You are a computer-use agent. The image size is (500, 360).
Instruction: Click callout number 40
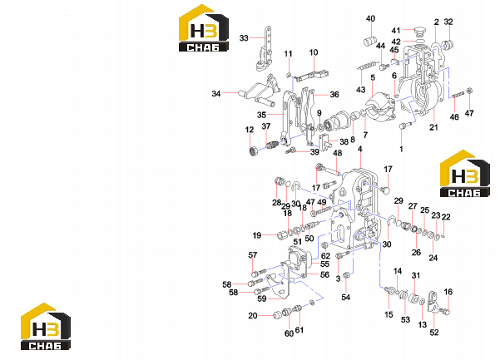370,19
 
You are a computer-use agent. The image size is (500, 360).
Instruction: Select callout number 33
244,38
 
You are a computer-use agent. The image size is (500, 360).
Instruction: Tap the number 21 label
433,127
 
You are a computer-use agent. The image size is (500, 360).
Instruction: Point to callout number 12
250,130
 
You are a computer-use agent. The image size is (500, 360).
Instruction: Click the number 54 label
345,298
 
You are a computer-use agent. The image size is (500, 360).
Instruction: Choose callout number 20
253,316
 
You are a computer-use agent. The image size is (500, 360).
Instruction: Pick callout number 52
434,333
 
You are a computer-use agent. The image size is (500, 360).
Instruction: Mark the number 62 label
325,256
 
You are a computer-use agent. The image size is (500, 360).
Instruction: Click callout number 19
257,236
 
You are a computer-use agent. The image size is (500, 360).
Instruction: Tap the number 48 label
338,153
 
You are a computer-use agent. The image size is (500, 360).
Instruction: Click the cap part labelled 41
419,31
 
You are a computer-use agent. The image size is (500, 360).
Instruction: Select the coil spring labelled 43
368,67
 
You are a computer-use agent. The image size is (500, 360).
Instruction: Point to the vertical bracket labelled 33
265,49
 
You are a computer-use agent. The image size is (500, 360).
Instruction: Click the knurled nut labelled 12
253,150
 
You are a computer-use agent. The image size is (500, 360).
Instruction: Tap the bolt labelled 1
402,126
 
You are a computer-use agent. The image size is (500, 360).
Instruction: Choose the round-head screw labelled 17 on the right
385,190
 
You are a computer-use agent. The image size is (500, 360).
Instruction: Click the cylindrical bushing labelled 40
370,42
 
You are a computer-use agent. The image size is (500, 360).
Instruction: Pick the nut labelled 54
345,275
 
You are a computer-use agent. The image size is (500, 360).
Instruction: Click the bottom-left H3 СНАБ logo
46,326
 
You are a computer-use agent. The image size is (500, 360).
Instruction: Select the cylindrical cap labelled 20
277,315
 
